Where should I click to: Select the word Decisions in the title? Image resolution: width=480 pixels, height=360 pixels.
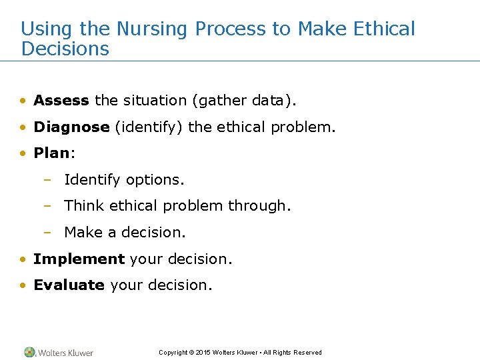tap(65, 49)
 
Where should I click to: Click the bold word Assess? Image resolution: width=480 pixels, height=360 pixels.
tap(61, 101)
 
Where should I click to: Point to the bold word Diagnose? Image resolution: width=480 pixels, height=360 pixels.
tap(71, 127)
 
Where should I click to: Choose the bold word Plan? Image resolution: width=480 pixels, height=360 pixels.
tap(51, 153)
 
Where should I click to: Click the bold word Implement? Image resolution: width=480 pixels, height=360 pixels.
tap(79, 259)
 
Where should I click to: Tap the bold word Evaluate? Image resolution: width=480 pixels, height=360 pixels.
tap(69, 285)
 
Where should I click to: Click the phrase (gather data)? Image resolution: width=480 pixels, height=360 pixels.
tap(243, 101)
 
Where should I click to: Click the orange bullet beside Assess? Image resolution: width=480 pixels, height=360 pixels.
tap(23, 101)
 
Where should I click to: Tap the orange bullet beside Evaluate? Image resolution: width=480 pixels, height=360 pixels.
tap(23, 286)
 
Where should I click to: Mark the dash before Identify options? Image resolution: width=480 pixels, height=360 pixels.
tap(47, 180)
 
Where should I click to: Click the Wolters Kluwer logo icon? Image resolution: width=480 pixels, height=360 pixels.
tap(29, 352)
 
